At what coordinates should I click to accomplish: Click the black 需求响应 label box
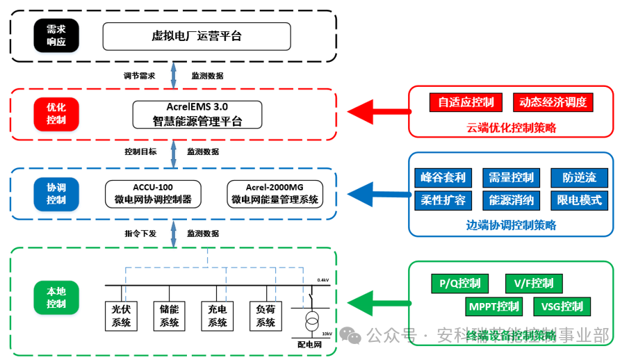[x=56, y=36]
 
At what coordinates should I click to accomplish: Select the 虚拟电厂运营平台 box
[x=197, y=36]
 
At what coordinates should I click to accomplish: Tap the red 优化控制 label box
[x=56, y=114]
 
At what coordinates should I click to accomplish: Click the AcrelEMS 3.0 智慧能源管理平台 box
[x=197, y=114]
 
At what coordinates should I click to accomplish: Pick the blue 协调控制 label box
[x=56, y=194]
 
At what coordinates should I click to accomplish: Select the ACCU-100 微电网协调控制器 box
[x=153, y=194]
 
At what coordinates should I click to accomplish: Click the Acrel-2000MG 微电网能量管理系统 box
[x=275, y=194]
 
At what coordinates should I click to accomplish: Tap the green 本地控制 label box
[x=56, y=298]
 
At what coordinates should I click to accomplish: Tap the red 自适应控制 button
[x=466, y=102]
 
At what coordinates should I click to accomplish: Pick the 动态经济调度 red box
[x=553, y=102]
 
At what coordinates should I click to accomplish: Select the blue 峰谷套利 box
[x=442, y=177]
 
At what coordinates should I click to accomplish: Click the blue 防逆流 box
[x=579, y=177]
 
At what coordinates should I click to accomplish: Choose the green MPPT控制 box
[x=493, y=306]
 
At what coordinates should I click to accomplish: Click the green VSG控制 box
[x=562, y=306]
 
